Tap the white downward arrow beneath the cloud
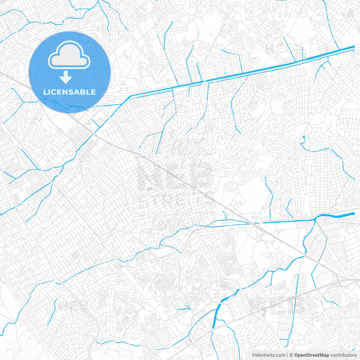(66, 77)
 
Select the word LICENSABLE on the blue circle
(69, 92)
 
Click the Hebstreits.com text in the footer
(269, 355)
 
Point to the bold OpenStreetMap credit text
(312, 355)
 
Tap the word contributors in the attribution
(343, 355)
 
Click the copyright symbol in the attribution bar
(291, 355)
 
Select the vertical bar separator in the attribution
(288, 355)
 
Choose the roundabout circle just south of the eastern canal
(258, 239)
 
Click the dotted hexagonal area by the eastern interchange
(343, 283)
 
